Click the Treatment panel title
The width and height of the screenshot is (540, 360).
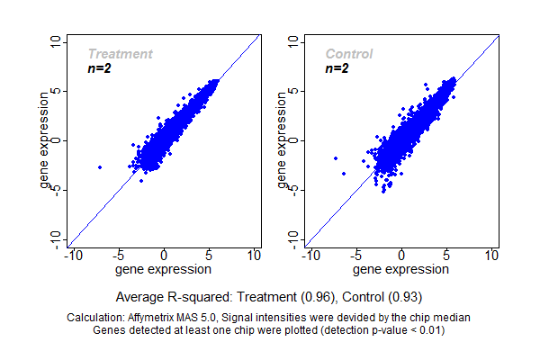pos(120,54)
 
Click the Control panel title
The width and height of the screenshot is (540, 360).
pos(349,54)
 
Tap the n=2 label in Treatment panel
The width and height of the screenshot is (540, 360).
pos(99,68)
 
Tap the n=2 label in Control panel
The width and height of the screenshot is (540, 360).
pos(337,68)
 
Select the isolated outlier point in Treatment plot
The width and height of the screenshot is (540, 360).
pos(99,167)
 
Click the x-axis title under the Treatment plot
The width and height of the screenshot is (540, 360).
pos(165,269)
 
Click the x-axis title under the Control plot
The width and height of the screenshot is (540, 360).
pos(401,269)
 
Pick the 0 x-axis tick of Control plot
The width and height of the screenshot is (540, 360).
pos(401,256)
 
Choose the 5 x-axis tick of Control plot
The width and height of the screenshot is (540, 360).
pos(446,256)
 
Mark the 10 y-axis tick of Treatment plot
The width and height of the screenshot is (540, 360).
pos(57,41)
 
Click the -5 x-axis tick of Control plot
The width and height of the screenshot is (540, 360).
pos(355,256)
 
